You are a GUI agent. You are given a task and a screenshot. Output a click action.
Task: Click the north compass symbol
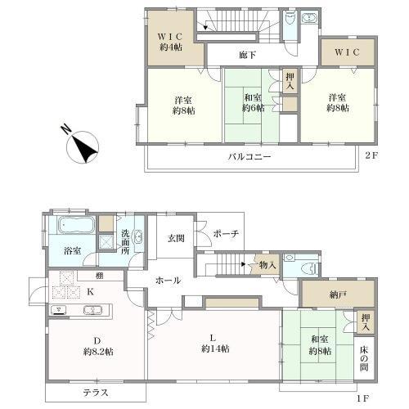(82, 146)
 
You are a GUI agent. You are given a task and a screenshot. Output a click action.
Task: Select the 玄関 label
(176, 238)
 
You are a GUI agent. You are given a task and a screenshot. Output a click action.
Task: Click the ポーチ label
(226, 234)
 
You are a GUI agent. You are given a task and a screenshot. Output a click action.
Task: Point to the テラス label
(96, 393)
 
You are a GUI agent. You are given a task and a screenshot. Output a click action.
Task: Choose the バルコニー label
(249, 157)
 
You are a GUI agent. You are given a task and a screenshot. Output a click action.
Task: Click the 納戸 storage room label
(337, 294)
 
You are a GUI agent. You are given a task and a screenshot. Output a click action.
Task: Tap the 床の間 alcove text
(364, 358)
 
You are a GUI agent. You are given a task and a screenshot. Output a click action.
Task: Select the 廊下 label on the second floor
(247, 56)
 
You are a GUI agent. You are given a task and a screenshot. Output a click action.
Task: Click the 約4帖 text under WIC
(171, 47)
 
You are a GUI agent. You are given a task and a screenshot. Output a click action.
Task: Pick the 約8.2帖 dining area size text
(98, 352)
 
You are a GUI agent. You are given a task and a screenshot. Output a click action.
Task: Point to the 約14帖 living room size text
(215, 348)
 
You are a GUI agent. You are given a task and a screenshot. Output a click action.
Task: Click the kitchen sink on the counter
(92, 310)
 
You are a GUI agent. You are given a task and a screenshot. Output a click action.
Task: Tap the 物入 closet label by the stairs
(267, 264)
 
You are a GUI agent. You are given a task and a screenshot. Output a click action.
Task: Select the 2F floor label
(372, 155)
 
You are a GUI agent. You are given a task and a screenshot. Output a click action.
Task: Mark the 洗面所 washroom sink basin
(137, 236)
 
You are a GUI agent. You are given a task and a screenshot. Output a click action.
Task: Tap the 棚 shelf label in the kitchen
(100, 276)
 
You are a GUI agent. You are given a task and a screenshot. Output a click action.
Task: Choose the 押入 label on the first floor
(366, 322)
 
